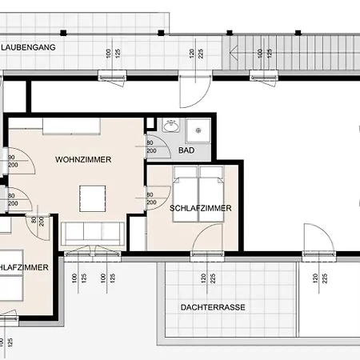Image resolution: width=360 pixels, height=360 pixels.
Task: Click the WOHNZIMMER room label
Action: coord(83,160)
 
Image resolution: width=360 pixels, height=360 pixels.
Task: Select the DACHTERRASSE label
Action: coord(214,307)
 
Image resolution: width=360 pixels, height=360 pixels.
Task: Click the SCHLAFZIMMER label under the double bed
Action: coord(200,208)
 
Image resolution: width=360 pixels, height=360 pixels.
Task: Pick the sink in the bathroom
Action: coord(170,126)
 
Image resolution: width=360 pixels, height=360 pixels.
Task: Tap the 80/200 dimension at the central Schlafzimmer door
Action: coord(151,197)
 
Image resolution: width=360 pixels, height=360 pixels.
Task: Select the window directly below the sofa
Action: coord(90,253)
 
